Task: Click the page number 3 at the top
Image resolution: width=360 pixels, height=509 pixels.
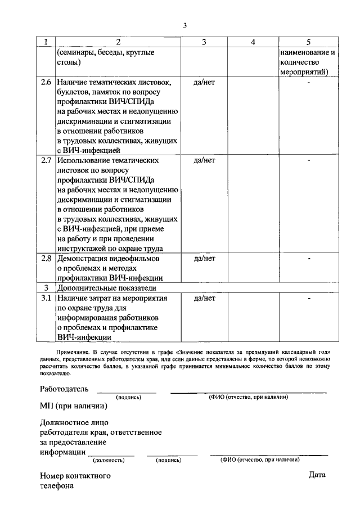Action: pyautogui.click(x=184, y=25)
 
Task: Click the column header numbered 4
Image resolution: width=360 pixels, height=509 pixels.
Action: pyautogui.click(x=253, y=42)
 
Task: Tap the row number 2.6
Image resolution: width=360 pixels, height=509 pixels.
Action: pyautogui.click(x=46, y=83)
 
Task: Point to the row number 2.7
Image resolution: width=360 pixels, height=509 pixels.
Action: pyautogui.click(x=46, y=160)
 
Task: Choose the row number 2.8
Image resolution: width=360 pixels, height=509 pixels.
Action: pyautogui.click(x=46, y=258)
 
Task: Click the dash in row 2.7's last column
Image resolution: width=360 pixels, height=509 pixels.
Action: pyautogui.click(x=308, y=161)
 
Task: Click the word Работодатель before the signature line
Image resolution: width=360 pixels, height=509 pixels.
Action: pyautogui.click(x=64, y=389)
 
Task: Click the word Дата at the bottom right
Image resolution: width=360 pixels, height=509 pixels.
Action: pyautogui.click(x=317, y=475)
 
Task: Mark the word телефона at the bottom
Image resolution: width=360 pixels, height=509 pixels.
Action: pyautogui.click(x=56, y=488)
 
